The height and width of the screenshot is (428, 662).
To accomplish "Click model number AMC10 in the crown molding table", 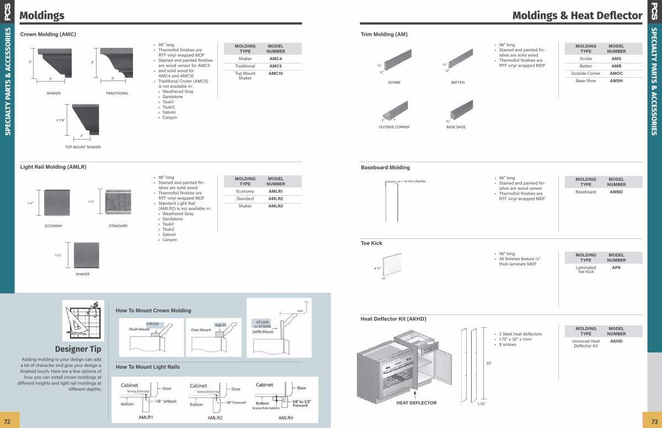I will point(276,73).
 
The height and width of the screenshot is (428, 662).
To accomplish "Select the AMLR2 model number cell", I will point(276,199).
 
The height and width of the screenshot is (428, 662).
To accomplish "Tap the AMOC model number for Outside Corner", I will point(616,73).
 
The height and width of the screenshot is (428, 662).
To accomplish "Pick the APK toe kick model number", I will point(616,267).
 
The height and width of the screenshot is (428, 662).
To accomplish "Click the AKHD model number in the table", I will point(616,341).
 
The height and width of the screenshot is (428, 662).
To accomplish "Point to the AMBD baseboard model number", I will point(616,192).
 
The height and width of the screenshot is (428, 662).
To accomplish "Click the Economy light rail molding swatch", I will point(57,203).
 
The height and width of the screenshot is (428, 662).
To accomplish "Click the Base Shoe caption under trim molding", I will point(456,127).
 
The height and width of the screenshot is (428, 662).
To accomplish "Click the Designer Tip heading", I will point(78,349).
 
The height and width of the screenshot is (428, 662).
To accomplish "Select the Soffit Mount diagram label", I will point(264,332).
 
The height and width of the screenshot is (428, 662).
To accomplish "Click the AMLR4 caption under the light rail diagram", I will point(286,418).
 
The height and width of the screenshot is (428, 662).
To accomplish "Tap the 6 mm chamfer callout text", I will point(415,181).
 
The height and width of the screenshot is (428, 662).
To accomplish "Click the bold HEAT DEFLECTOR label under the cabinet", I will point(416,403).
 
